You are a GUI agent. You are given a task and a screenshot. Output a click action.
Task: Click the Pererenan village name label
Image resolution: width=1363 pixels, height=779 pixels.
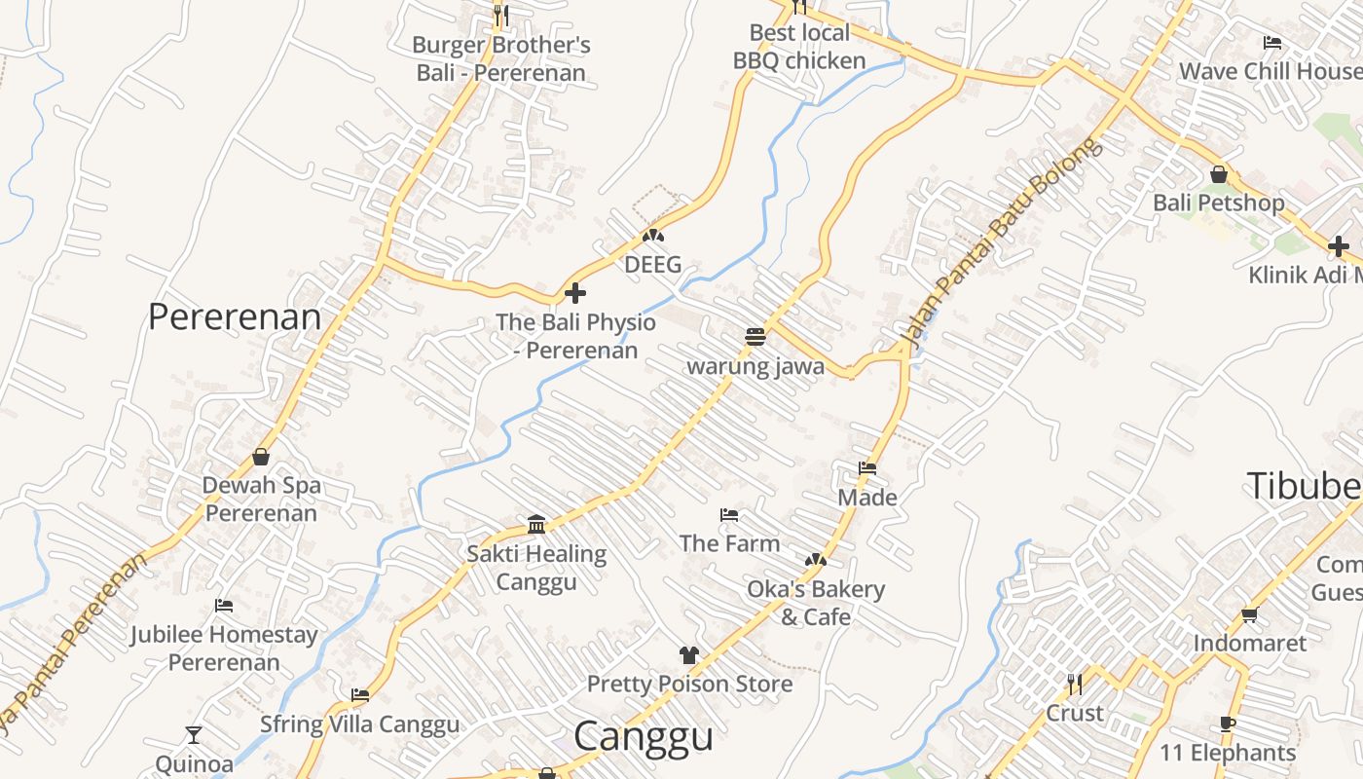(235, 317)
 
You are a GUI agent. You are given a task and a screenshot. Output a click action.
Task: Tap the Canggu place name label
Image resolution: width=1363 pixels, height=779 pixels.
(643, 736)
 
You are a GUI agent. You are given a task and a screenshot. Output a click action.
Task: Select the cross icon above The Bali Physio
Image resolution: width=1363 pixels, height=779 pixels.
(575, 292)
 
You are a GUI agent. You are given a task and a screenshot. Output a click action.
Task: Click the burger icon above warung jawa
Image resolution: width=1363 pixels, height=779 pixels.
(755, 337)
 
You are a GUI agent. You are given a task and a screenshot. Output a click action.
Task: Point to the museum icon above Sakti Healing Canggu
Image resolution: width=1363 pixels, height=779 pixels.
(536, 525)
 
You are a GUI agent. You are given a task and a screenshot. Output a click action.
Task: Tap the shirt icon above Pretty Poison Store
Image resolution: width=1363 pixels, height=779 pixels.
(689, 654)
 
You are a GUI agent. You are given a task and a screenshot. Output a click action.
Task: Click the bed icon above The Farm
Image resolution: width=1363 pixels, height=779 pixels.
(729, 514)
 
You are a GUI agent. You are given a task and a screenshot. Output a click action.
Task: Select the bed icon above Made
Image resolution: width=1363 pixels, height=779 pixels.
(867, 468)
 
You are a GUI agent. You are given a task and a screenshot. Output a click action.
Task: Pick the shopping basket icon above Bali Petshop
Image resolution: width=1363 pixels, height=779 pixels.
(1218, 174)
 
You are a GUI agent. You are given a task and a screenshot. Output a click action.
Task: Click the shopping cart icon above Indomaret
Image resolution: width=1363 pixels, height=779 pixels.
(1250, 614)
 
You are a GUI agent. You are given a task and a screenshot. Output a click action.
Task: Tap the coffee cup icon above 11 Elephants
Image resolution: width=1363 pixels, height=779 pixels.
(1228, 723)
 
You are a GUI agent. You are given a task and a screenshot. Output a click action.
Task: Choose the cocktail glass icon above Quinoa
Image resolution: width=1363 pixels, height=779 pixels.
(194, 734)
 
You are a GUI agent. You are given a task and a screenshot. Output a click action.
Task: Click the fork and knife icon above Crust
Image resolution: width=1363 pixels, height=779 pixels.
(1074, 684)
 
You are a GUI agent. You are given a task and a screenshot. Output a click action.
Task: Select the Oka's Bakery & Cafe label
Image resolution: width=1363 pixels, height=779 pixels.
(816, 603)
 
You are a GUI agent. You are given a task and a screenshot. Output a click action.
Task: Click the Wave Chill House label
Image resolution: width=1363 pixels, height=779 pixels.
(1270, 71)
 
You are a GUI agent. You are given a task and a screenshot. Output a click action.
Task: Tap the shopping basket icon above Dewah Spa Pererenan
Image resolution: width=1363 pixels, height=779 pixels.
(261, 456)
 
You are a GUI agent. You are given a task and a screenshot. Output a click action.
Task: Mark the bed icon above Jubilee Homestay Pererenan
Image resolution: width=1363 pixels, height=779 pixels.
(224, 606)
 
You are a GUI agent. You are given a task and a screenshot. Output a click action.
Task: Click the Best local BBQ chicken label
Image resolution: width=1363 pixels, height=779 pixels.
(799, 47)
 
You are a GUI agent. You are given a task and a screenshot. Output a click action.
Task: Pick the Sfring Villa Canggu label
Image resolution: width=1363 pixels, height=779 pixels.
(359, 724)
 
